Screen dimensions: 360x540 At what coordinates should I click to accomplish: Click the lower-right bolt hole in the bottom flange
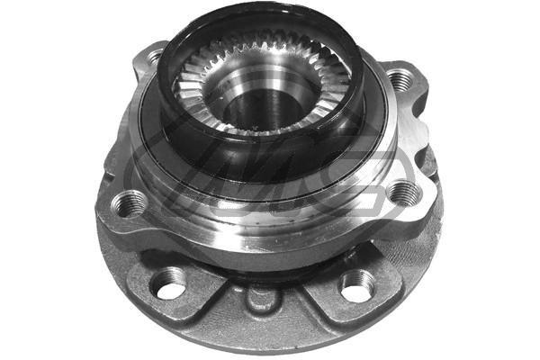tap(356, 286)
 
